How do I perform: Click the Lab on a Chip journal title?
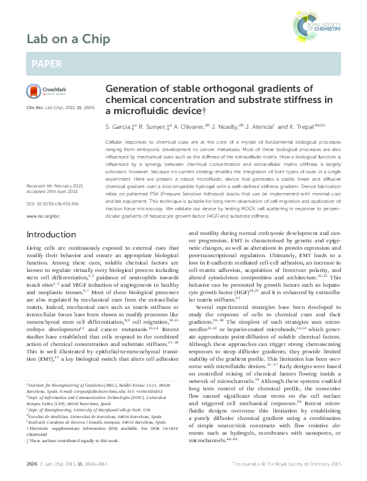[68, 39]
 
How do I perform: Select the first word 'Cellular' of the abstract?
[115, 142]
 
